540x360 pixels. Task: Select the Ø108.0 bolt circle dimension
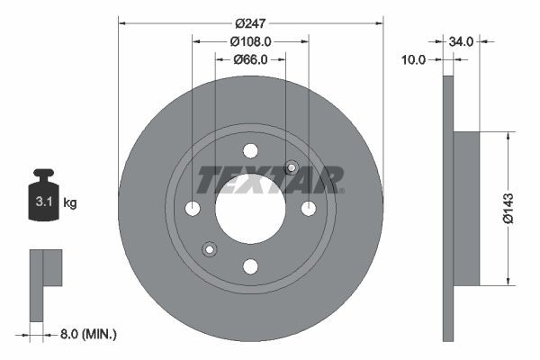250,40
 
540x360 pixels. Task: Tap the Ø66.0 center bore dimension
250,59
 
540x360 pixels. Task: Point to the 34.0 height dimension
462,40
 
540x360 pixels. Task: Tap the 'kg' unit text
70,203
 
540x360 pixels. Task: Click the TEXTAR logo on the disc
270,179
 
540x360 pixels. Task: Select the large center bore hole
250,208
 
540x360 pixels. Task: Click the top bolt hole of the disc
250,150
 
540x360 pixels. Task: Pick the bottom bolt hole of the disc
250,265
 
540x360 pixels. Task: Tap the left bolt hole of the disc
193,208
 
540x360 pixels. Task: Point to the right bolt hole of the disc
308,208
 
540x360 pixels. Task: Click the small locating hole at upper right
291,167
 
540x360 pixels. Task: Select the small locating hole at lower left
210,249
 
